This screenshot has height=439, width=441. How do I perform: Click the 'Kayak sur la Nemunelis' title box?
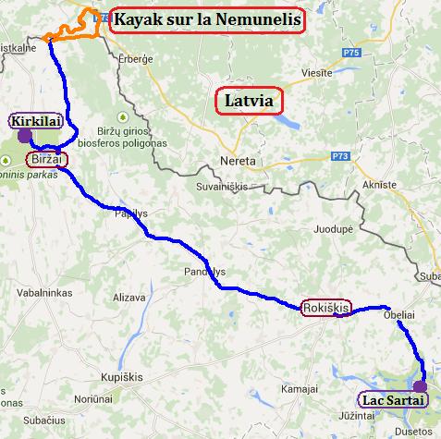pos(207,20)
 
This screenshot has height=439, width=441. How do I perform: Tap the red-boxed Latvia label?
pos(248,101)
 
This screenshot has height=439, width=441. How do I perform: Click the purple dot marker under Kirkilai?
pos(23,136)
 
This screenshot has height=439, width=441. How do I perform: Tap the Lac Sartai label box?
pos(394,400)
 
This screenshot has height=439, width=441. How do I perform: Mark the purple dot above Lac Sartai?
pos(420,386)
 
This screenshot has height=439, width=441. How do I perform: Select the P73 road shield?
pos(341,157)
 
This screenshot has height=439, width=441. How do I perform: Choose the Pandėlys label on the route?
pos(205,273)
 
